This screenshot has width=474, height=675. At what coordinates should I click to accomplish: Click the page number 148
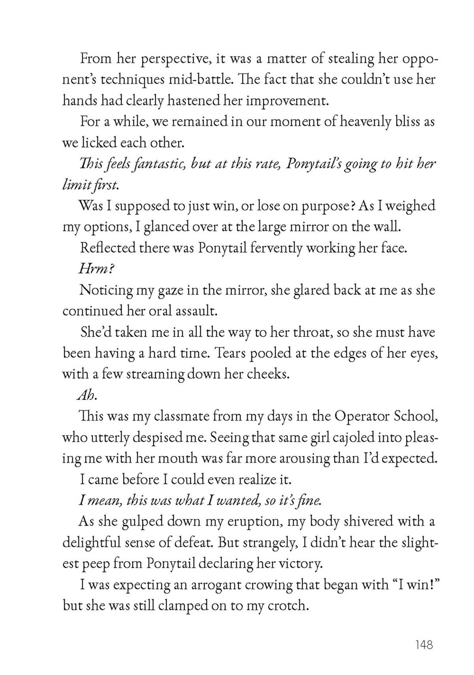(x=424, y=644)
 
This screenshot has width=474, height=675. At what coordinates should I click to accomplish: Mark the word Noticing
(x=105, y=290)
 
